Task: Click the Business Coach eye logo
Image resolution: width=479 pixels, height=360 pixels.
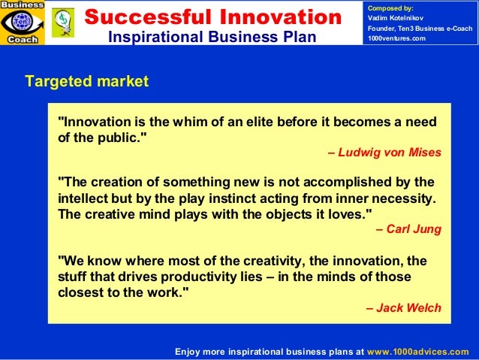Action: [23, 23]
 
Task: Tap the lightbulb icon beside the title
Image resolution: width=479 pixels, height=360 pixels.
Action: [62, 23]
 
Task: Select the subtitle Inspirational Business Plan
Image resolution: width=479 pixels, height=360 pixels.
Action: [212, 37]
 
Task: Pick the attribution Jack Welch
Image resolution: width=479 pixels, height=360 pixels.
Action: [403, 307]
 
